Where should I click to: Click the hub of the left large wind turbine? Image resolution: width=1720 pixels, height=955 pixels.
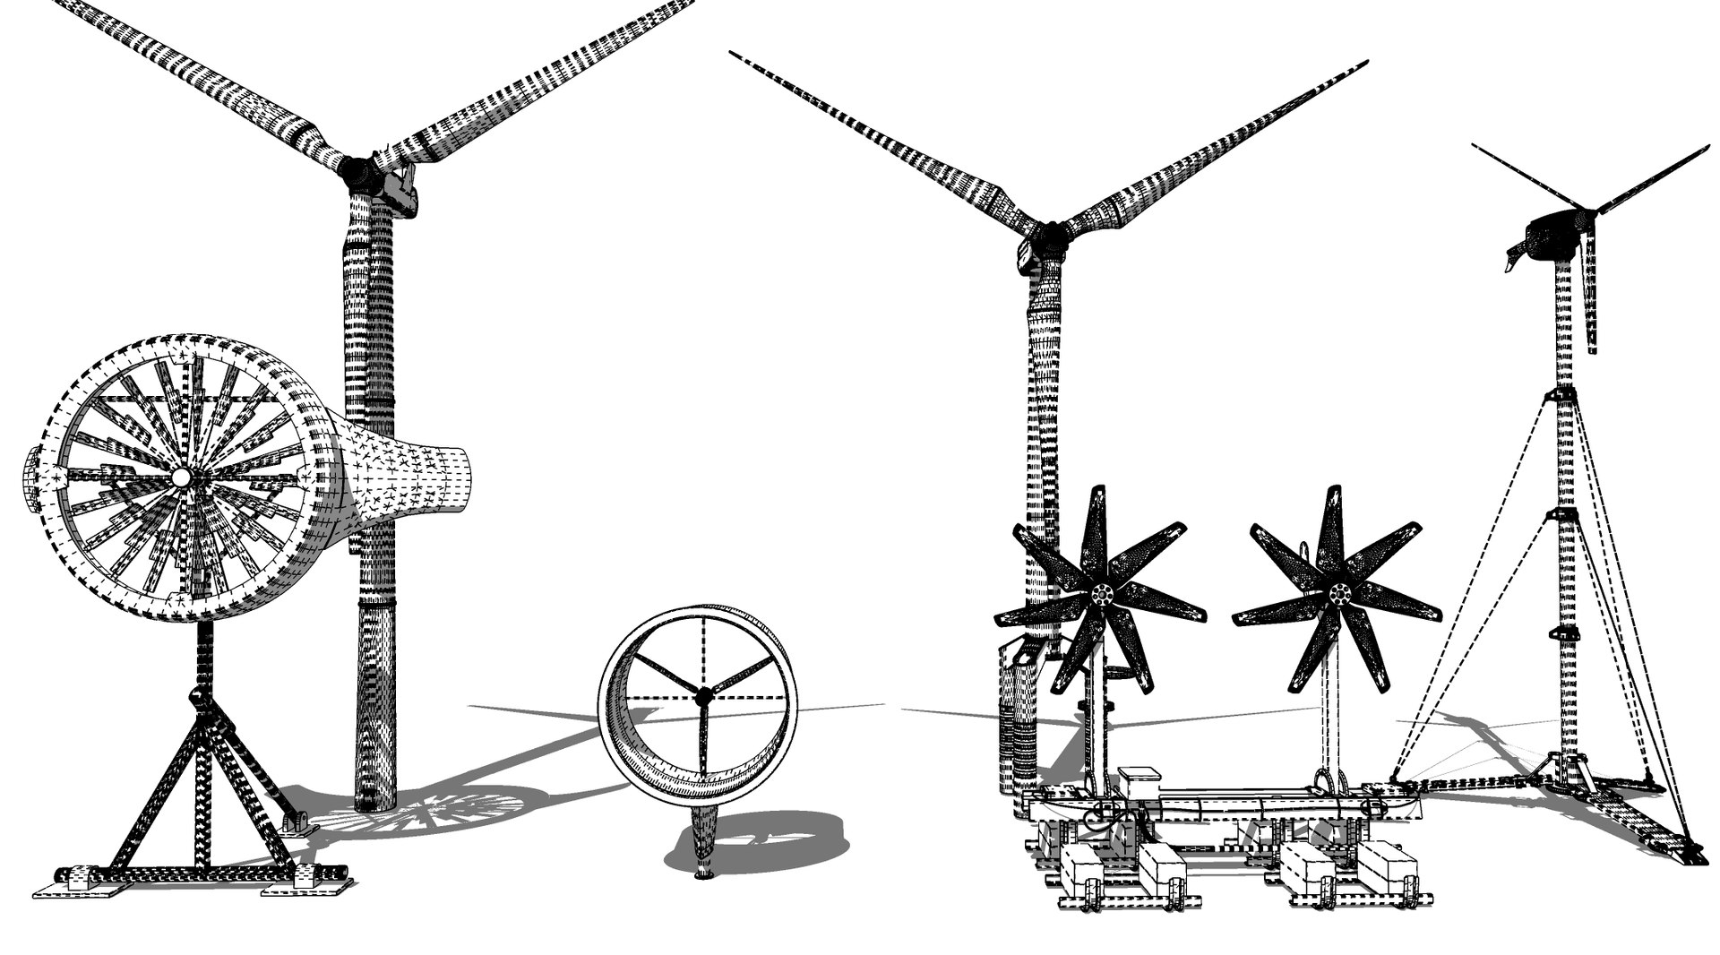click(358, 168)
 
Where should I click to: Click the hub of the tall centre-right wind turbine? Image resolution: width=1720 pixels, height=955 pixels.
click(1045, 238)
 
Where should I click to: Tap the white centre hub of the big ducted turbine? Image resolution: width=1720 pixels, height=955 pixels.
click(180, 478)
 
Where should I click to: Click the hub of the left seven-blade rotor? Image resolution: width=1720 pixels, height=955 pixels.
click(1102, 592)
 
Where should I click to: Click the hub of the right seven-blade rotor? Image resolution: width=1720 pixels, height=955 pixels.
click(1340, 592)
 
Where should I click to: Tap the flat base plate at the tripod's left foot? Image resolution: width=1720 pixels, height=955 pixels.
click(75, 887)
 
